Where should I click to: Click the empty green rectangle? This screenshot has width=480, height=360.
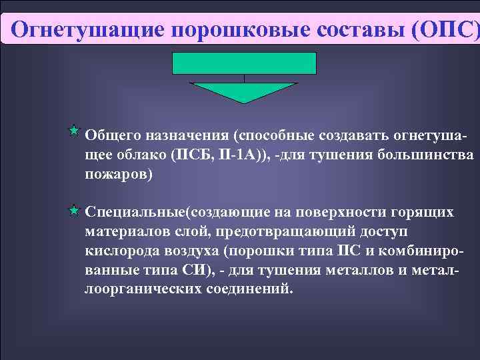(x=244, y=63)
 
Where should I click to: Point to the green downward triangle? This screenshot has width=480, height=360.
(x=244, y=91)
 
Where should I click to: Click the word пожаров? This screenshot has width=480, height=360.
(x=117, y=174)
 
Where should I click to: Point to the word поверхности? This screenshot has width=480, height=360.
(x=327, y=213)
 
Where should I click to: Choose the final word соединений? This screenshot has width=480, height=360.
(x=246, y=290)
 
